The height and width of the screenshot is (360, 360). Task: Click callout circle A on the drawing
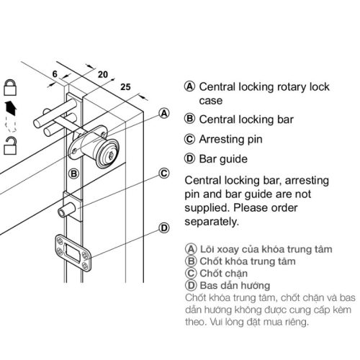pyautogui.click(x=163, y=114)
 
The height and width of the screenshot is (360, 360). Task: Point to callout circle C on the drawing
pyautogui.click(x=163, y=173)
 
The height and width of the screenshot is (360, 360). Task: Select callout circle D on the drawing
pyautogui.click(x=163, y=228)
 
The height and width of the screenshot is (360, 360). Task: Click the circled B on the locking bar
pyautogui.click(x=74, y=174)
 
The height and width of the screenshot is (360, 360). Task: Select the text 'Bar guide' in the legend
pyautogui.click(x=222, y=158)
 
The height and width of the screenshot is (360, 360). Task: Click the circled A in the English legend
pyautogui.click(x=190, y=86)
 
